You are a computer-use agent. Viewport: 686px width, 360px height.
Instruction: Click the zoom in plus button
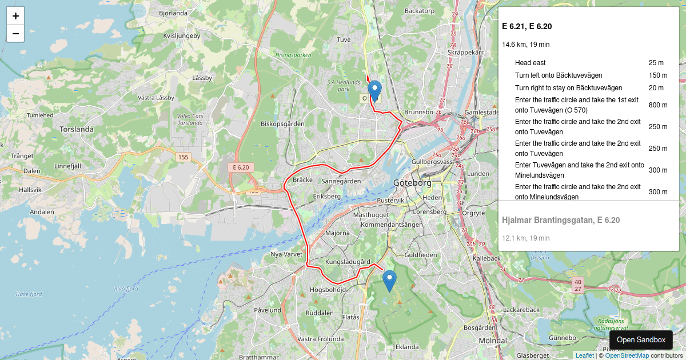point(15,16)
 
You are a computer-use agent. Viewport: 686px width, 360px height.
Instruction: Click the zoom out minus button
point(15,34)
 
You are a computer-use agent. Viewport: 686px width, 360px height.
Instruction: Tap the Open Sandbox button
point(641,339)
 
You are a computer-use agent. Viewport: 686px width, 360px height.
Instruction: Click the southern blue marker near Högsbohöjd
point(389,281)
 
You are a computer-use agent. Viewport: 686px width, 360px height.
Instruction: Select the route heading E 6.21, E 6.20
point(527,26)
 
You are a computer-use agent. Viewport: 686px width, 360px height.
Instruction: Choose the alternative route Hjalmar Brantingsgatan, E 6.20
point(560,220)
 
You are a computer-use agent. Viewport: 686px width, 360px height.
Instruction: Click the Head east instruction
point(530,63)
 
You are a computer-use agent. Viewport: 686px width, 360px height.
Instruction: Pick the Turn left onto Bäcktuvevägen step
point(558,75)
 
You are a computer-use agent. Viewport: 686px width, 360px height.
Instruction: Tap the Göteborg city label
point(412,183)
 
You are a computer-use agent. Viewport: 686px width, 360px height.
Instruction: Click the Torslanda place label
point(76,129)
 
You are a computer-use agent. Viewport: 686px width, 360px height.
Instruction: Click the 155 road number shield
point(183,157)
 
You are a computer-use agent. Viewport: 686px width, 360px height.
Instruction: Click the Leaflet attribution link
point(584,355)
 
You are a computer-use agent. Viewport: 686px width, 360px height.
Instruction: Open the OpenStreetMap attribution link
point(627,355)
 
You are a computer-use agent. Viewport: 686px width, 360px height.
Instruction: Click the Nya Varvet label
point(286,254)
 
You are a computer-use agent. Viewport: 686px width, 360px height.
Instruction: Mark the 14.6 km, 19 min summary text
point(525,45)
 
